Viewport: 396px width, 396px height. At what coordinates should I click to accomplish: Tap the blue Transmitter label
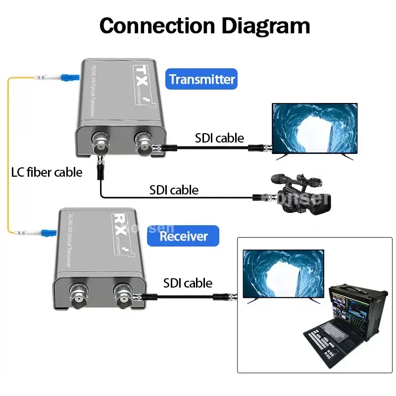201,79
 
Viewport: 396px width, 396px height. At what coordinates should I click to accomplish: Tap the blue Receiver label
184,236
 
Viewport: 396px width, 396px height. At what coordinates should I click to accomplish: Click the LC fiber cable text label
47,172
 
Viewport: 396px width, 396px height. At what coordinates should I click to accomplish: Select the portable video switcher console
344,327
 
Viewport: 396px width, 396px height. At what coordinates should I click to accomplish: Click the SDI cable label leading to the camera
174,190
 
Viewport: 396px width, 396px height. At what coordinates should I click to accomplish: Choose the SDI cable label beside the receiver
188,283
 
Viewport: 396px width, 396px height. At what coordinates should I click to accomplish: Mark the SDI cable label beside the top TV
219,138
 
